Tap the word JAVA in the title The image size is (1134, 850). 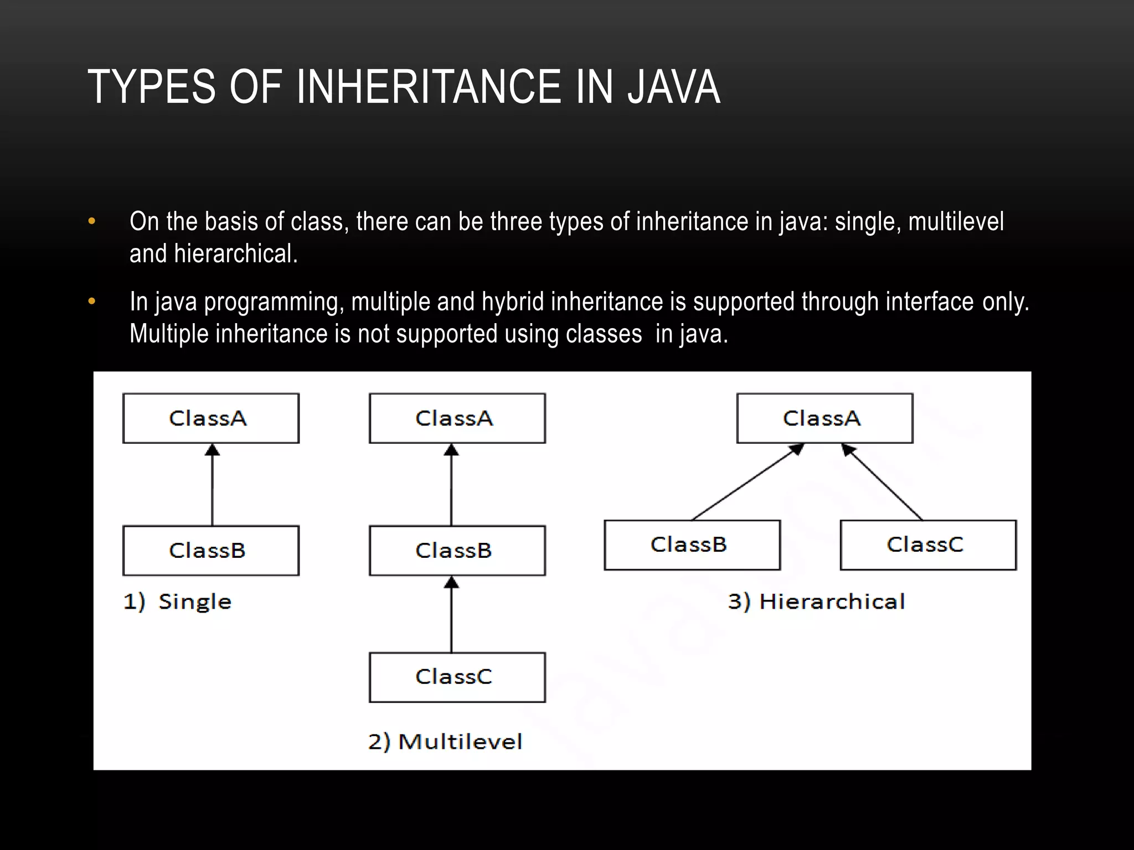[x=673, y=87]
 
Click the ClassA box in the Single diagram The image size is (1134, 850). [x=211, y=418]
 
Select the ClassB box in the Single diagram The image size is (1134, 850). [x=211, y=551]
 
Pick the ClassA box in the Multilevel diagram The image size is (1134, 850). [x=457, y=418]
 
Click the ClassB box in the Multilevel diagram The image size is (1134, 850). [x=457, y=551]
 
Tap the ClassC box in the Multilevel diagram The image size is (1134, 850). [x=457, y=677]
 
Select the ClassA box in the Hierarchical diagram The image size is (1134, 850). [x=824, y=418]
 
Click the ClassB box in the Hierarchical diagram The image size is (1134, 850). [x=692, y=545]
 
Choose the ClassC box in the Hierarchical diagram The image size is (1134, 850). [x=928, y=545]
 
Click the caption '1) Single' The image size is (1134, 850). [x=177, y=602]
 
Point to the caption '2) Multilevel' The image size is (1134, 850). [x=445, y=742]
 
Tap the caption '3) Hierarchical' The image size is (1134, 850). [x=816, y=602]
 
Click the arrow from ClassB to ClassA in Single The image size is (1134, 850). [x=212, y=487]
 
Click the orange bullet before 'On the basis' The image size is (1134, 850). [x=92, y=222]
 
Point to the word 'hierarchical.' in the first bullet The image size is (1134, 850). [x=236, y=254]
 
